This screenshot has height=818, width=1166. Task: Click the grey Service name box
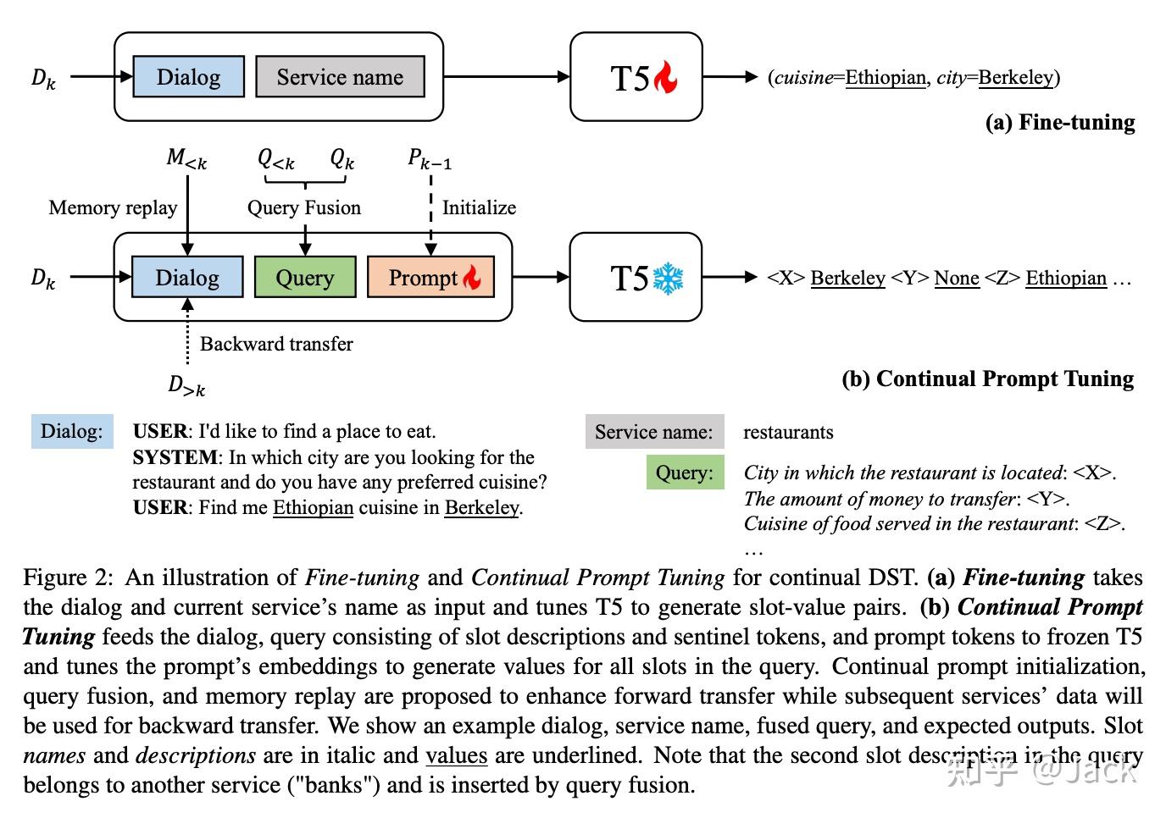[340, 77]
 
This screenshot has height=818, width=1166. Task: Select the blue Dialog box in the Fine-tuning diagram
[188, 77]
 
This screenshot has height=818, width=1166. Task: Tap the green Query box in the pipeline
[304, 278]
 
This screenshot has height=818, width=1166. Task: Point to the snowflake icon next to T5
[668, 279]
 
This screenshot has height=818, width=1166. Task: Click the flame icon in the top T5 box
[665, 78]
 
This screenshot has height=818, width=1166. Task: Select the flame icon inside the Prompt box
[471, 277]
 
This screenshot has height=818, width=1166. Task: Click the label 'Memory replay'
[113, 208]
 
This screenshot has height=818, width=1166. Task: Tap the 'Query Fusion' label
[303, 208]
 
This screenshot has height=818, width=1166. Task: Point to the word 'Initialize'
[479, 208]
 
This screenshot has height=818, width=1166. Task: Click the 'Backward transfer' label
[276, 344]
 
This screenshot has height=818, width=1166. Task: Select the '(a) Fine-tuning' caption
[1059, 123]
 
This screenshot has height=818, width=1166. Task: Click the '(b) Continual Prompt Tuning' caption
[987, 379]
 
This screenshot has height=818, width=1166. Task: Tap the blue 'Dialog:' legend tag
[72, 432]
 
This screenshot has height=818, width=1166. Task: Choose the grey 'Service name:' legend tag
[653, 433]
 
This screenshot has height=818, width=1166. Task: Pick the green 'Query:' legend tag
[685, 473]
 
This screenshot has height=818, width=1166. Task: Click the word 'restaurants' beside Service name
[788, 433]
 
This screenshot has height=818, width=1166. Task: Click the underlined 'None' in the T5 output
[956, 279]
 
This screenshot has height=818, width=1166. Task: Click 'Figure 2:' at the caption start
[68, 578]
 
